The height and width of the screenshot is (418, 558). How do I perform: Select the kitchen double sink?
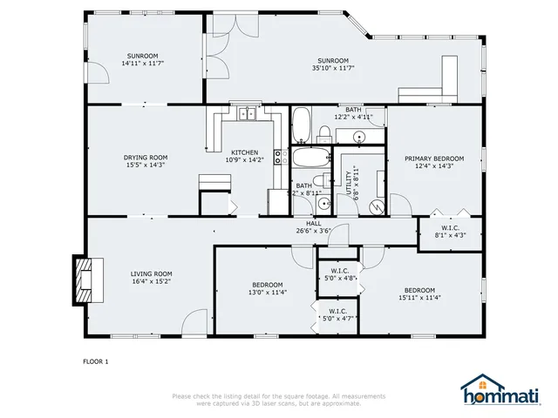coord(246,113)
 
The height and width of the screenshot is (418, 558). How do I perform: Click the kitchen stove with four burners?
coord(281,158)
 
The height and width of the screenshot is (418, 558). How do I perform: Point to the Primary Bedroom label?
coord(433,158)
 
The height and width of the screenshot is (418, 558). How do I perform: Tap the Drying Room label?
coord(145,158)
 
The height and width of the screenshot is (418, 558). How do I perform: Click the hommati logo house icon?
coord(476,385)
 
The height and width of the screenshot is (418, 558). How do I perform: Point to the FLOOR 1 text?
coord(95,360)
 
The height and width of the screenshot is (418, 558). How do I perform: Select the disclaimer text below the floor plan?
coord(279,399)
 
